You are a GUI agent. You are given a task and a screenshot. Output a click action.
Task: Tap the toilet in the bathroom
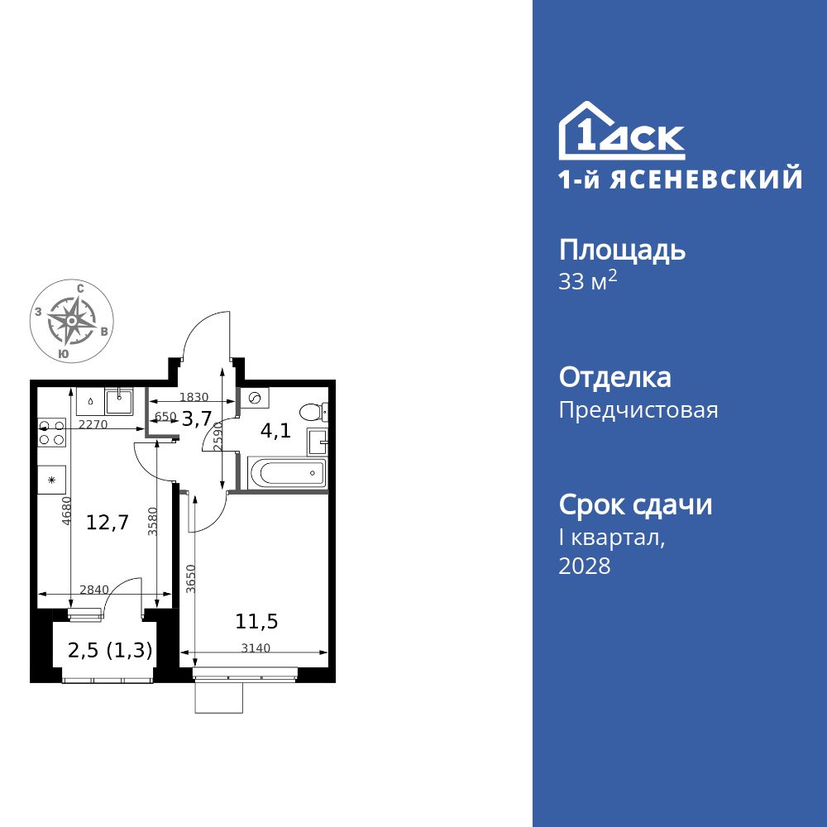[313, 412]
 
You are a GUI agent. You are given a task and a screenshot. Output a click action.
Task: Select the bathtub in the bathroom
[284, 474]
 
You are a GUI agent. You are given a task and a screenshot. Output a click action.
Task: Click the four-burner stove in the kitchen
[51, 433]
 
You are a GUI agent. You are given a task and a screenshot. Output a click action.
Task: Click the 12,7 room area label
[108, 522]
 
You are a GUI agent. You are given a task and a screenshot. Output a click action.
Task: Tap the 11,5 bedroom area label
[256, 620]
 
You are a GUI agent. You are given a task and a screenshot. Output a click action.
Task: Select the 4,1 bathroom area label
[275, 431]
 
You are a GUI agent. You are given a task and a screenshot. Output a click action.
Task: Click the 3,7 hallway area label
[197, 418]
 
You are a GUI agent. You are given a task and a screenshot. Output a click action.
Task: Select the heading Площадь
[622, 250]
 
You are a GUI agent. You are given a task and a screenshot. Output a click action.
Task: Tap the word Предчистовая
[638, 410]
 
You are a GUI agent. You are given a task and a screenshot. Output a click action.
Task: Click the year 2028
[585, 566]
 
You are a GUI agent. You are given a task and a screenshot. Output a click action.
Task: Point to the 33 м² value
[588, 282]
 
